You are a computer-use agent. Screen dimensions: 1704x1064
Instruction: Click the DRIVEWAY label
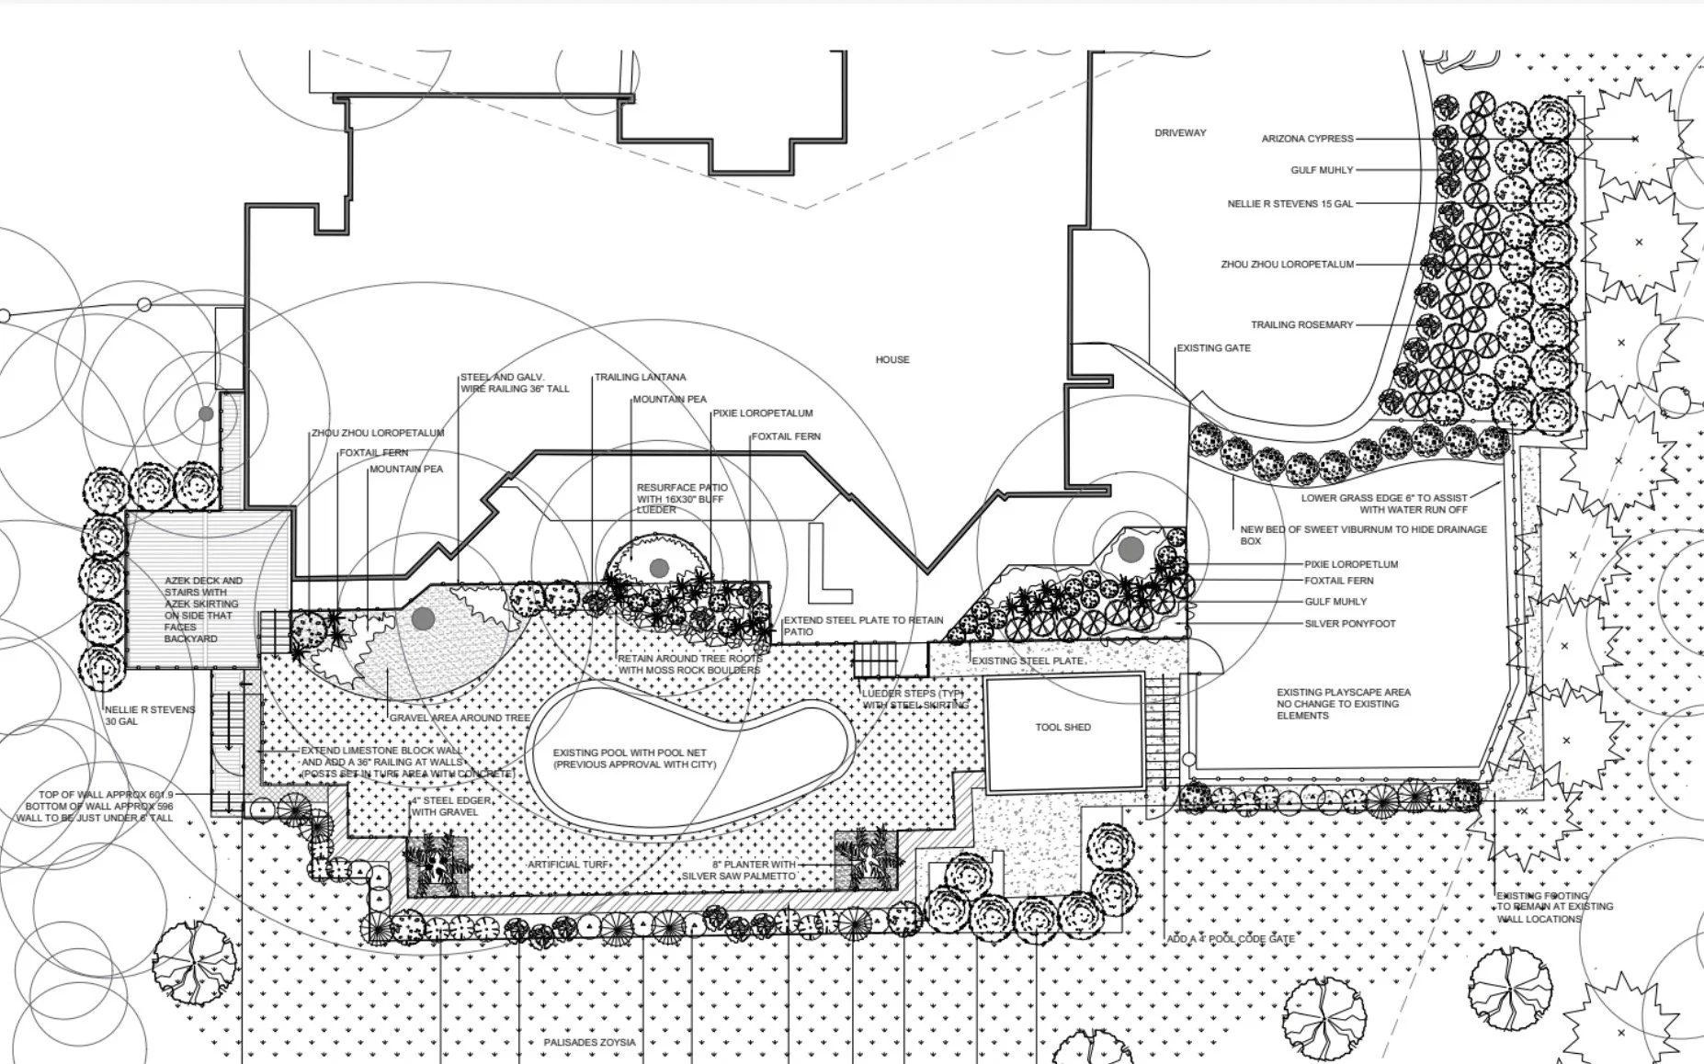(1180, 133)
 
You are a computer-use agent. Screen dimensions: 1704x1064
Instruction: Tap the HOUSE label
(892, 360)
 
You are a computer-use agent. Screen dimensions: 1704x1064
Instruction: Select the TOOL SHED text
(1062, 728)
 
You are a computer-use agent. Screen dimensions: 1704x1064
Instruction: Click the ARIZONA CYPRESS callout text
(1307, 139)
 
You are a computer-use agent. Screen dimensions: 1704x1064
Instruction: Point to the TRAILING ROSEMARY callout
(1301, 325)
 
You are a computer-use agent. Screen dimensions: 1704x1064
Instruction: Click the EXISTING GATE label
(1213, 349)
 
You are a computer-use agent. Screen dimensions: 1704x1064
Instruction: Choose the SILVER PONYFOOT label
(1349, 624)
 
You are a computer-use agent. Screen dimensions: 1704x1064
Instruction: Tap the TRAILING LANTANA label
(640, 378)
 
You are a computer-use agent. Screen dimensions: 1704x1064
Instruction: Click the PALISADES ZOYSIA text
(589, 1043)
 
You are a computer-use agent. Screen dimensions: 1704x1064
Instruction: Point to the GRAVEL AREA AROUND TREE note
(460, 718)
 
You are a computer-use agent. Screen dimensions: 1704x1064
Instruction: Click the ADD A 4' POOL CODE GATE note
(1231, 939)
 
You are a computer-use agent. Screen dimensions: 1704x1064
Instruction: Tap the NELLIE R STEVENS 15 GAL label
(1289, 204)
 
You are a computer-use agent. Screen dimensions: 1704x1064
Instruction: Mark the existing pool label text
(634, 759)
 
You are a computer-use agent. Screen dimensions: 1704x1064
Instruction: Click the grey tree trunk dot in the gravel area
(423, 618)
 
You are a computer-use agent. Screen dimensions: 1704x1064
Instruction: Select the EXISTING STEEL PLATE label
(1028, 662)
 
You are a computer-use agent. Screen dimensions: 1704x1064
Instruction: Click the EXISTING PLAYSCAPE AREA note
(1343, 704)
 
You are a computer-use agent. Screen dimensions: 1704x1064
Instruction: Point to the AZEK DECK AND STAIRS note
(203, 609)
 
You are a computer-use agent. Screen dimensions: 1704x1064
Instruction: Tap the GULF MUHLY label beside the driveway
(1322, 171)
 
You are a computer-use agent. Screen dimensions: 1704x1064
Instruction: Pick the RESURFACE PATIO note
(682, 499)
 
